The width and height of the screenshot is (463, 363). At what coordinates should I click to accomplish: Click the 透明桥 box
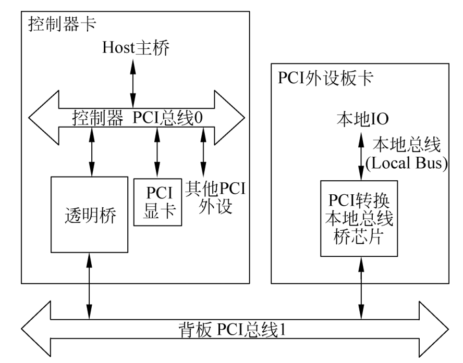pyautogui.click(x=89, y=215)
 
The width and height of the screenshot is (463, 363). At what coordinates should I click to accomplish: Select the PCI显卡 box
pyautogui.click(x=158, y=202)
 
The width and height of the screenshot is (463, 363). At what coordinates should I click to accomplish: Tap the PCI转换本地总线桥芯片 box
pyautogui.click(x=359, y=218)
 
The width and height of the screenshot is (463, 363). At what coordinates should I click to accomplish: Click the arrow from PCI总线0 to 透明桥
pyautogui.click(x=92, y=153)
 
